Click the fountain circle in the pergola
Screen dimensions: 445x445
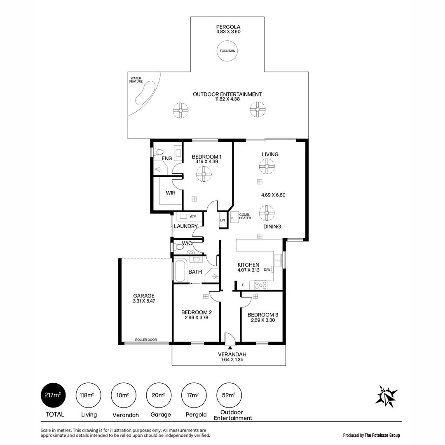[x=227, y=51]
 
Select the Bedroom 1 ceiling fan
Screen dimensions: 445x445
[x=204, y=176]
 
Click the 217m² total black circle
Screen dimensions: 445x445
[x=53, y=396]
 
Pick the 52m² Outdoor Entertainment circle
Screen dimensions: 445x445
[x=229, y=396]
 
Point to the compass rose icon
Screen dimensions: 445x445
[x=386, y=396]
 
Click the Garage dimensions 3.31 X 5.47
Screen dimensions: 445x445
[x=143, y=301]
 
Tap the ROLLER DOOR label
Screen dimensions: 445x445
[x=146, y=340]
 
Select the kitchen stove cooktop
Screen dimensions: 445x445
[x=261, y=285]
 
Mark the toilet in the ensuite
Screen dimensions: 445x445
[x=158, y=152]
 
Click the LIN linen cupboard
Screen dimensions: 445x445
[x=222, y=220]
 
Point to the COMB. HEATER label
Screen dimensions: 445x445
[x=245, y=216]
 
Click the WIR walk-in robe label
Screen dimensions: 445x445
[x=171, y=193]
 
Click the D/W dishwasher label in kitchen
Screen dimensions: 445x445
[x=267, y=270]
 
